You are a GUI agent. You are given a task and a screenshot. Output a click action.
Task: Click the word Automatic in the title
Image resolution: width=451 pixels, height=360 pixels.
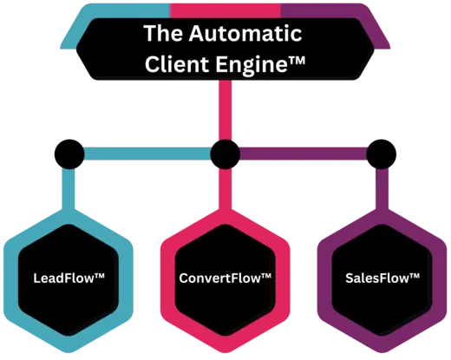point(245,33)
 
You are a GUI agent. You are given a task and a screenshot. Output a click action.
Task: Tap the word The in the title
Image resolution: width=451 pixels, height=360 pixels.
point(164,33)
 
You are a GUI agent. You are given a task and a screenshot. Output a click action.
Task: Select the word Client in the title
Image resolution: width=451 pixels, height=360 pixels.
point(177,63)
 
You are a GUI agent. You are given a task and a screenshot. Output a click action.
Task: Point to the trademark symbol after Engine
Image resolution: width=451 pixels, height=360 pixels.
point(297,60)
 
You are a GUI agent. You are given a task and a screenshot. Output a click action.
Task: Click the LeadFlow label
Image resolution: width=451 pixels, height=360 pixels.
point(69,278)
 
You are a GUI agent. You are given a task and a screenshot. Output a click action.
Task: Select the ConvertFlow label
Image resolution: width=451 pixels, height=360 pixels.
point(225,278)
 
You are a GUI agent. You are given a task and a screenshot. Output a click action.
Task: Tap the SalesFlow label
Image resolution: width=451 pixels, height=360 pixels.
point(382,278)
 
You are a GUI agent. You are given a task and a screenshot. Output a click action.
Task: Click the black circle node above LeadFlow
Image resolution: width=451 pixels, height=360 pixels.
point(69,154)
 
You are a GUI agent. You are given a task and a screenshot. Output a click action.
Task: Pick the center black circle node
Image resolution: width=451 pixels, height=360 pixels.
point(225,154)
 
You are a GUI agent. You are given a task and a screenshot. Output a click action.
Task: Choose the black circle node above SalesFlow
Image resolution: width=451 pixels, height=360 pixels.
point(382,154)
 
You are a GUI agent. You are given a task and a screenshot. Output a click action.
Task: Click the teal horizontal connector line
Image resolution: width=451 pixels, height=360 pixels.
point(147,154)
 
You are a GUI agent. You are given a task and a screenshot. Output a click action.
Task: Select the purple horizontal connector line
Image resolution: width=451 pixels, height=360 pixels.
point(304,154)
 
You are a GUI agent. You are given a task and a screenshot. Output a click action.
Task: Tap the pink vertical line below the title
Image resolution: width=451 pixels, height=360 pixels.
point(225,110)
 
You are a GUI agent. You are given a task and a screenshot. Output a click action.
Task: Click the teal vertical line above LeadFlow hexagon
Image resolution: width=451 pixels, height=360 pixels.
point(69,188)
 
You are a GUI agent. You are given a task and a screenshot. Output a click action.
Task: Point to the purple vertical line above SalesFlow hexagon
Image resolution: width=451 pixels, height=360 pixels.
point(382,188)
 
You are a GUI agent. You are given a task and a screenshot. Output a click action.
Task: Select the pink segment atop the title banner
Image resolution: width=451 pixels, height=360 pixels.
point(225,11)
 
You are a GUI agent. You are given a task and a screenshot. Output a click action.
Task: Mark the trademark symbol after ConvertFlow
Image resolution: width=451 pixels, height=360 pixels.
point(266,276)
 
